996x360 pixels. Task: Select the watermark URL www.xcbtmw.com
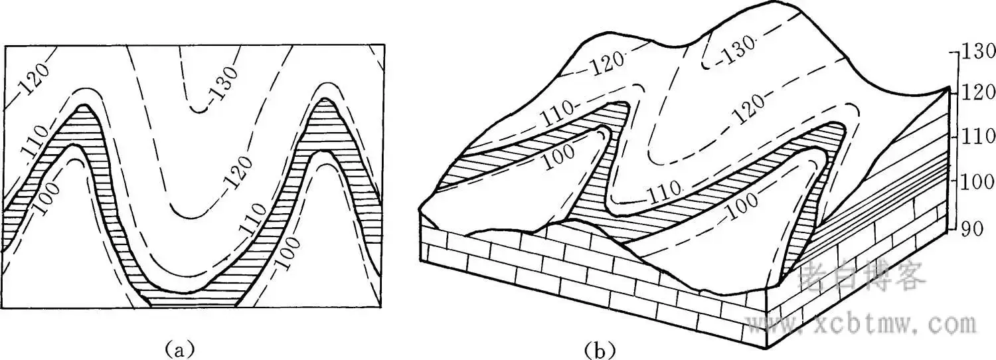point(863,325)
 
